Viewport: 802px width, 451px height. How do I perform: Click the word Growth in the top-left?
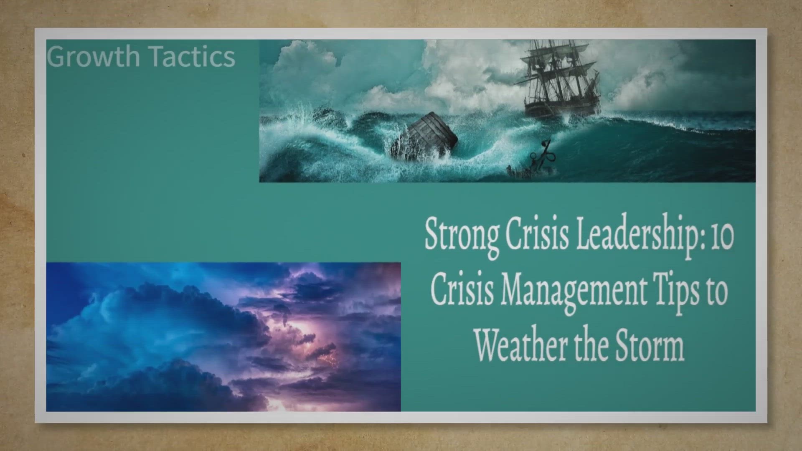[93, 56]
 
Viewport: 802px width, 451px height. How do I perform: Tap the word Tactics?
[192, 56]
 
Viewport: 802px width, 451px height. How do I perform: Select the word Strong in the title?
[462, 236]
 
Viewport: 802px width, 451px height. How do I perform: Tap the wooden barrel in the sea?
[424, 136]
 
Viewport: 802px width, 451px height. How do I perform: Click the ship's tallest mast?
[556, 71]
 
